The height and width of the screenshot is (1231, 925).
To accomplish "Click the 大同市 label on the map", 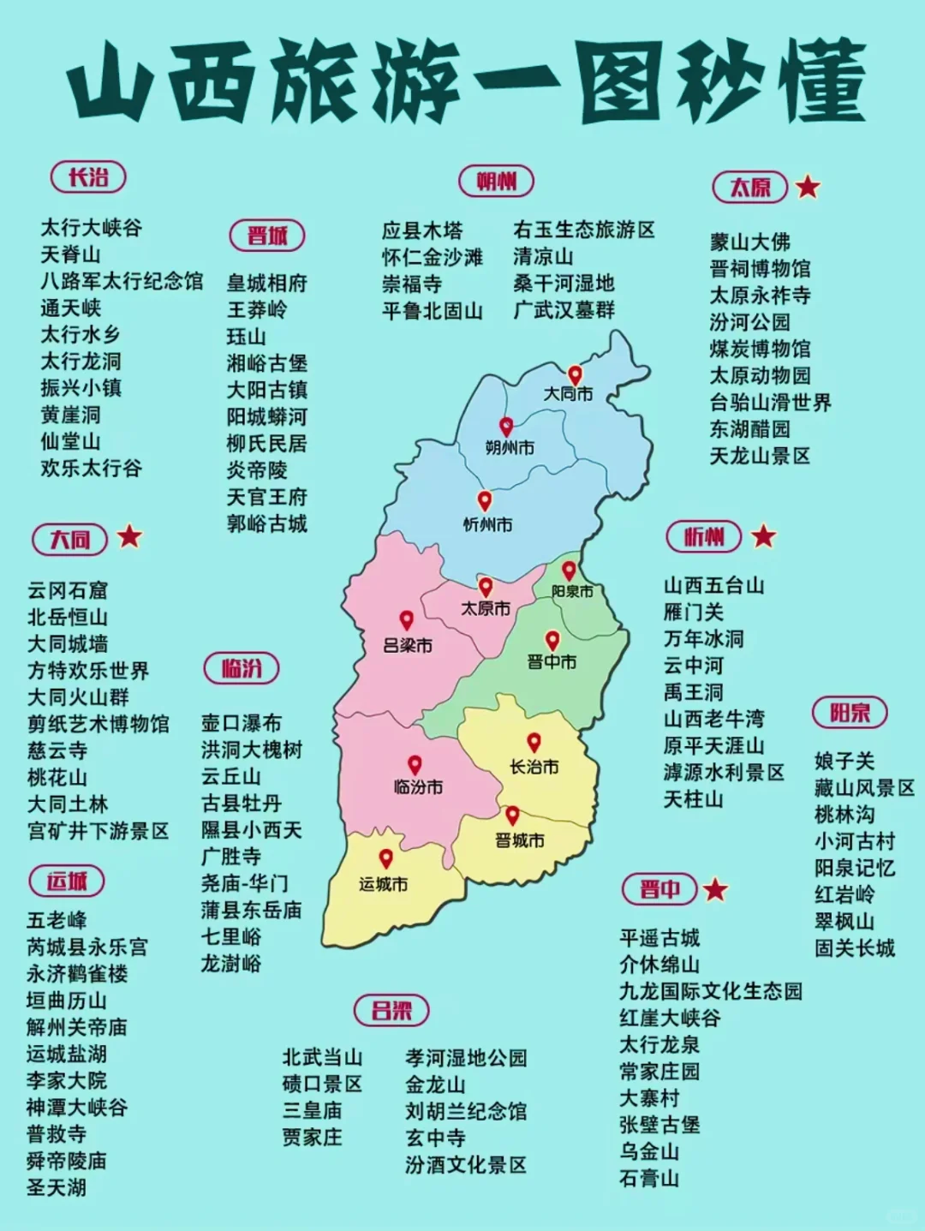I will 569,394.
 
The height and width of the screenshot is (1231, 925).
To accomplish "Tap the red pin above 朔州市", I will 507,426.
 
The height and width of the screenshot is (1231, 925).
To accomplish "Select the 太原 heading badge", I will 749,187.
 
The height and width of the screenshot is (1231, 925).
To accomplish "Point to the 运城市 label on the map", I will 383,883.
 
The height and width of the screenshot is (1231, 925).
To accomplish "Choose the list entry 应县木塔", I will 421,230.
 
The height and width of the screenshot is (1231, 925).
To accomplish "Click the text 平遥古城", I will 659,937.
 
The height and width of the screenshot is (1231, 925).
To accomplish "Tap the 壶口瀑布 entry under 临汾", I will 241,723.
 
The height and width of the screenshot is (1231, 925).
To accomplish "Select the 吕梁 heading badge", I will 391,1010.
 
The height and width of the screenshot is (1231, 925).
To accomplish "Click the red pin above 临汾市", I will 415,764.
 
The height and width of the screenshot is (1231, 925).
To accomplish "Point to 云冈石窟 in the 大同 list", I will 68,590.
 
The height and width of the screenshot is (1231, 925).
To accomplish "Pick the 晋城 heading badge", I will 267,236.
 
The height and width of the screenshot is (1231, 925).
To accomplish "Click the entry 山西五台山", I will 713,586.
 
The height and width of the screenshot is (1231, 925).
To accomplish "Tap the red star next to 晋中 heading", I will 715,889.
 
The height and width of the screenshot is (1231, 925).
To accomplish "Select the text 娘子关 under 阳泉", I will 844,761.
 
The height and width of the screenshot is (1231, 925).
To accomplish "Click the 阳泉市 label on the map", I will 572,591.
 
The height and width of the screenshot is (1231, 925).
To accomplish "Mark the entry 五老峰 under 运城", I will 57,920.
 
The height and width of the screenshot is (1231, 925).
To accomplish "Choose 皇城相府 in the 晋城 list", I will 266,284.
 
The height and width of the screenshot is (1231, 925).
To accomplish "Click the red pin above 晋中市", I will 552,640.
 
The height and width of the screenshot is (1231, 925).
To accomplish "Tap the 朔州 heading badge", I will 496,182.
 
